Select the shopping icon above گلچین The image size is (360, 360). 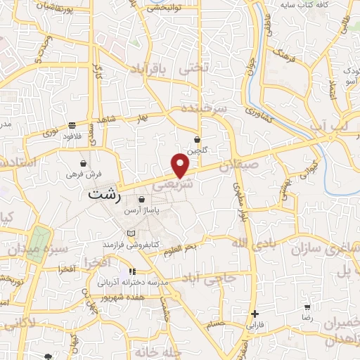tap(198, 139)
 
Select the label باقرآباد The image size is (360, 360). tap(151, 70)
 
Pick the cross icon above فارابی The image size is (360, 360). tap(255, 314)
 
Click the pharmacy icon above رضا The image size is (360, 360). tap(307, 307)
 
